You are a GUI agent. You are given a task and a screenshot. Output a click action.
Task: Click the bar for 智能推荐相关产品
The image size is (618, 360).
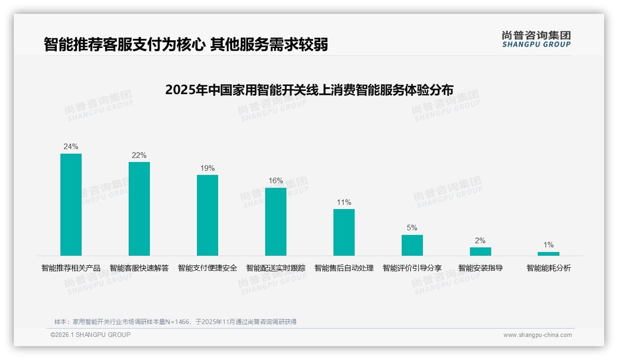(71, 204)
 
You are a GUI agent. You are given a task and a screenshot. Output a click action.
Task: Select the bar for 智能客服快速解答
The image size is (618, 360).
(139, 209)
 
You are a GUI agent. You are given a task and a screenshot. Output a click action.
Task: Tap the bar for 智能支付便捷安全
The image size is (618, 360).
(208, 215)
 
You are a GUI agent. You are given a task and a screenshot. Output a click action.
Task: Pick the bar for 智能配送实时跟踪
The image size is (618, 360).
(276, 222)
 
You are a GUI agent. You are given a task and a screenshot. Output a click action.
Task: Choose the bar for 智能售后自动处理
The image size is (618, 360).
(344, 232)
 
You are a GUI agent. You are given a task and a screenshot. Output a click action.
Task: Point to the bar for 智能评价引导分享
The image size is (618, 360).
(412, 245)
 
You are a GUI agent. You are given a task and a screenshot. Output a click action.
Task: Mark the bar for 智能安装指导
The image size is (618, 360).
(481, 252)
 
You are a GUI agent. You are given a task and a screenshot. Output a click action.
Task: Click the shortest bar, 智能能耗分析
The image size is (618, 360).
(548, 254)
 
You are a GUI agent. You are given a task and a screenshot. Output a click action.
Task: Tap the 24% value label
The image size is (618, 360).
(71, 147)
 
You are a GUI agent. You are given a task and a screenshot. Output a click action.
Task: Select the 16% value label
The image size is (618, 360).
(276, 181)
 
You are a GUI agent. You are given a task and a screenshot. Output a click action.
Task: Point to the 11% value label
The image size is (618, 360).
(344, 202)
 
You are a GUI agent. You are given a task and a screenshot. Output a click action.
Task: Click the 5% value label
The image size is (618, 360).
(412, 228)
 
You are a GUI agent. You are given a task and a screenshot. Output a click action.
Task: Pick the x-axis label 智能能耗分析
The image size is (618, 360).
(548, 268)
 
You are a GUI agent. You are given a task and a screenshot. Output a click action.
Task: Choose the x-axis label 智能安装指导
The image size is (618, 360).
(481, 268)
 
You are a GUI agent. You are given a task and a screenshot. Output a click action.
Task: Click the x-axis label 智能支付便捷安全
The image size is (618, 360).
(208, 268)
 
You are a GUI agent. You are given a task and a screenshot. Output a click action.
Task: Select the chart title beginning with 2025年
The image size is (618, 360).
(309, 90)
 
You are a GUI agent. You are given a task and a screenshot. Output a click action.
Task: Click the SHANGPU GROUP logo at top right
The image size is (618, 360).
(536, 39)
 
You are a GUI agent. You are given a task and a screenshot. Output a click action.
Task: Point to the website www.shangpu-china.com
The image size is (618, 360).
(537, 335)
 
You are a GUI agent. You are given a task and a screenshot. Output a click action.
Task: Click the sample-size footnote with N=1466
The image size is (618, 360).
(175, 322)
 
